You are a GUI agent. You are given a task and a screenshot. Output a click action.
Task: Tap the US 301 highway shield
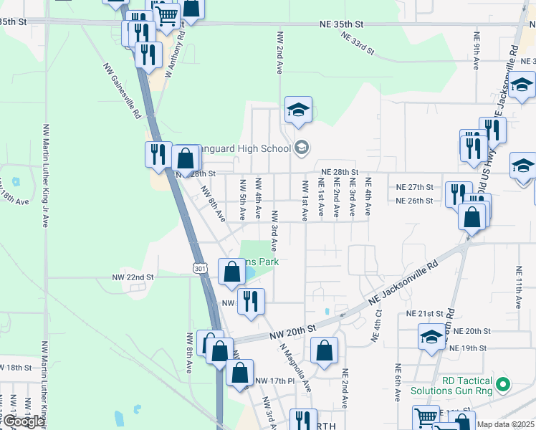click(200, 267)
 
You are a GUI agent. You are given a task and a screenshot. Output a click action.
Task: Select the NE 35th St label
click(343, 24)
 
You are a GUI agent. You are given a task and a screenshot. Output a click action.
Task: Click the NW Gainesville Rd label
click(121, 91)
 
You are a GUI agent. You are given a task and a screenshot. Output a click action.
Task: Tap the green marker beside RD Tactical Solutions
click(503, 384)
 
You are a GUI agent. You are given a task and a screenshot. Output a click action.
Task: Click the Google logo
click(24, 421)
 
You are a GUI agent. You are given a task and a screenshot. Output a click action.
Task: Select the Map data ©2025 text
click(504, 424)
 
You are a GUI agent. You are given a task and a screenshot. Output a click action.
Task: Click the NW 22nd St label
click(133, 277)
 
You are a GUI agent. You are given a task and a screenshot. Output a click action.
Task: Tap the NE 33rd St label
click(358, 43)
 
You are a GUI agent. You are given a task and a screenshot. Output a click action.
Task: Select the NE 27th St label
click(415, 186)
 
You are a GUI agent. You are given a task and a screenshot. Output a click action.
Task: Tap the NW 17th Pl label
click(274, 381)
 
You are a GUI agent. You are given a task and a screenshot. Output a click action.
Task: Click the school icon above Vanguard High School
click(298, 110)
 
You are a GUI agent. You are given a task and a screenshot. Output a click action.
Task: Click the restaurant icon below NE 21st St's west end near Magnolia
click(251, 300)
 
